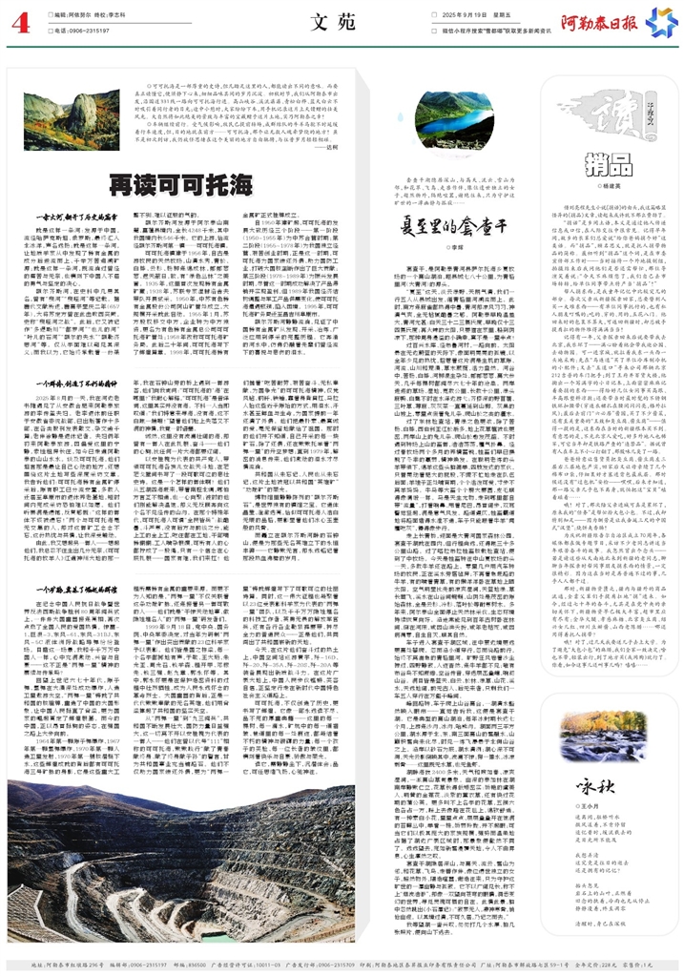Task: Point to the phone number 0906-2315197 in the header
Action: coord(89,30)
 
